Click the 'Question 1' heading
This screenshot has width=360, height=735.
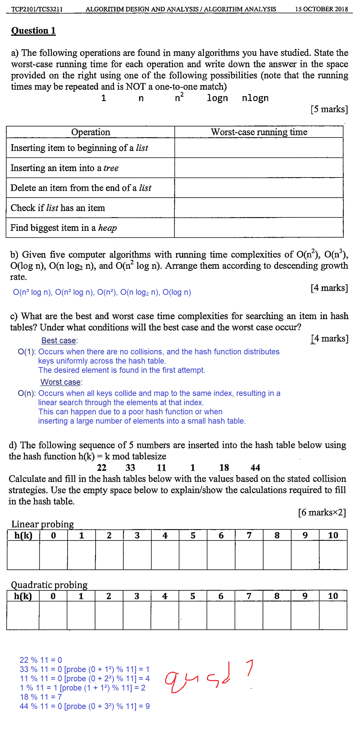click(x=33, y=31)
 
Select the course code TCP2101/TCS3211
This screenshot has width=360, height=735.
click(x=37, y=9)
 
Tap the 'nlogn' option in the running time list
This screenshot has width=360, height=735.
click(x=255, y=98)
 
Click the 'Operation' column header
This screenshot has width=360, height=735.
click(x=90, y=132)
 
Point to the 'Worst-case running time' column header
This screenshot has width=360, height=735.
click(x=259, y=132)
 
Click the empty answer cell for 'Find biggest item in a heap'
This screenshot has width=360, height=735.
click(x=259, y=227)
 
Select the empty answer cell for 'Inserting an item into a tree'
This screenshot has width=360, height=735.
click(x=259, y=168)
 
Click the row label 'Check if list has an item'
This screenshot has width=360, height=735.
click(x=58, y=208)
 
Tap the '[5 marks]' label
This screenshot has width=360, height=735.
click(x=329, y=109)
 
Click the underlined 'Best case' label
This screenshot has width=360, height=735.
click(x=59, y=340)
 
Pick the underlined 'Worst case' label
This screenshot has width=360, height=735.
click(x=60, y=382)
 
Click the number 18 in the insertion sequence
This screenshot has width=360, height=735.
click(x=224, y=467)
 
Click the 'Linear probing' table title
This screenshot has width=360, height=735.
click(x=43, y=524)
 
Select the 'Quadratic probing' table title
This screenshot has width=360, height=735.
click(x=49, y=584)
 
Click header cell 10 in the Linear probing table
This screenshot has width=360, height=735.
click(x=333, y=535)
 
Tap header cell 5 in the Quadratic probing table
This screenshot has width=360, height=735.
click(x=193, y=596)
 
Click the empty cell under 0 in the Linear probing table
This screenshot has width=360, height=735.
click(x=53, y=555)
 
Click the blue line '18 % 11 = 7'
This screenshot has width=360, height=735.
click(x=41, y=697)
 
